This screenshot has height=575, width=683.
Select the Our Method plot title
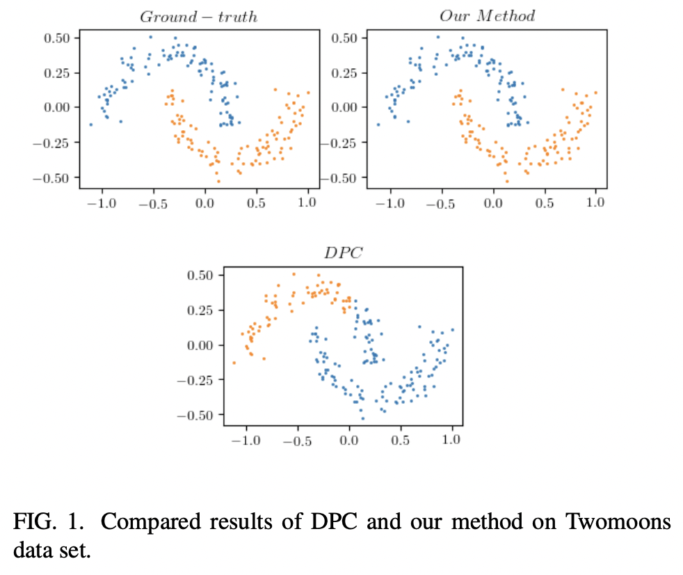487,16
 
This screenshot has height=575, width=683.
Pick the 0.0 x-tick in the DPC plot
349,440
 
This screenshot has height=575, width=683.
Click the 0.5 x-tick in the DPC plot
401,440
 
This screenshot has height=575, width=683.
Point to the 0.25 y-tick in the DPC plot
201,310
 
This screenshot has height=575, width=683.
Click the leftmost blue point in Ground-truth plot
91,125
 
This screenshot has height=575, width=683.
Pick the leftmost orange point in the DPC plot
234,363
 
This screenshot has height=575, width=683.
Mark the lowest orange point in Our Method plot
507,182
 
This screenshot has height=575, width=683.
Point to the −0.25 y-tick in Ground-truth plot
55,143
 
